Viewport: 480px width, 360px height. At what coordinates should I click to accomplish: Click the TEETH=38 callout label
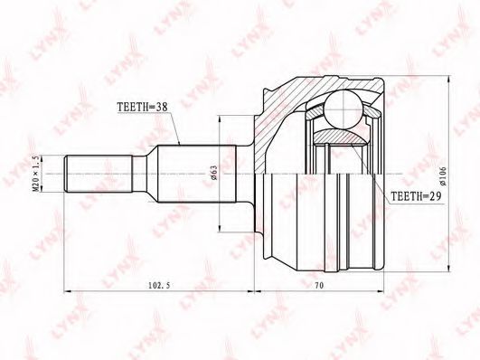(142, 107)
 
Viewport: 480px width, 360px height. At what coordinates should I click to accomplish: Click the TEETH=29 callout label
(416, 196)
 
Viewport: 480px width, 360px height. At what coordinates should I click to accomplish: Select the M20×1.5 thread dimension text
(36, 174)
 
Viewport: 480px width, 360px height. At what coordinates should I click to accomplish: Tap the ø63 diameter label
(213, 173)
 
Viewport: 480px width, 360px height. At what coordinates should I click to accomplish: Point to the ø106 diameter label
(443, 175)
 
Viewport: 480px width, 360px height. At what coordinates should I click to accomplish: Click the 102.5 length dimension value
(159, 285)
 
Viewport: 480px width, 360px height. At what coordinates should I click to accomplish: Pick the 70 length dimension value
(319, 285)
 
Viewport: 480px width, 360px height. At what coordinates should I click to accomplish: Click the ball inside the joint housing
(344, 109)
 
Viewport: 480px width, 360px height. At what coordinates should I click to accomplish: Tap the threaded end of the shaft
(99, 174)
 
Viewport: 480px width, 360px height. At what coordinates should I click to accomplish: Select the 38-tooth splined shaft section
(196, 174)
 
